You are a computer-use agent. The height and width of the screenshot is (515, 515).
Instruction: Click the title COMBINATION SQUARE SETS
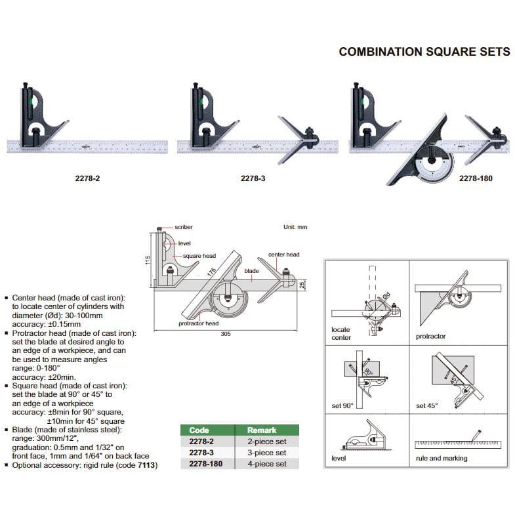[x=424, y=52]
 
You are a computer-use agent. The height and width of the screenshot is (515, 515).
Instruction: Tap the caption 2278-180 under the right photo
[x=476, y=177]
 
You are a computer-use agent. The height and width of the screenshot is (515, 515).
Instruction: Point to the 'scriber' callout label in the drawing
[x=184, y=227]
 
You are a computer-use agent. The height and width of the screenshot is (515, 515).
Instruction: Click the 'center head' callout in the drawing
[x=283, y=255]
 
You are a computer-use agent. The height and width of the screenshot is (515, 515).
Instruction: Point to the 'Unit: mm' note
[x=295, y=227]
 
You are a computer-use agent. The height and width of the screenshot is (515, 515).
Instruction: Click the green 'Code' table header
[x=199, y=430]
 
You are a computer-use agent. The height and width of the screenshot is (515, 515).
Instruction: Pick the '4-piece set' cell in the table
[x=266, y=464]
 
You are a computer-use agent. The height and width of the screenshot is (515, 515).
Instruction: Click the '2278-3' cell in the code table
[x=201, y=453]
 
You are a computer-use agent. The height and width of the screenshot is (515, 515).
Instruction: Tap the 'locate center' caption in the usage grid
[x=341, y=333]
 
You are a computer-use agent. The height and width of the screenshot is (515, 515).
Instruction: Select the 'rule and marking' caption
[x=442, y=458]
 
